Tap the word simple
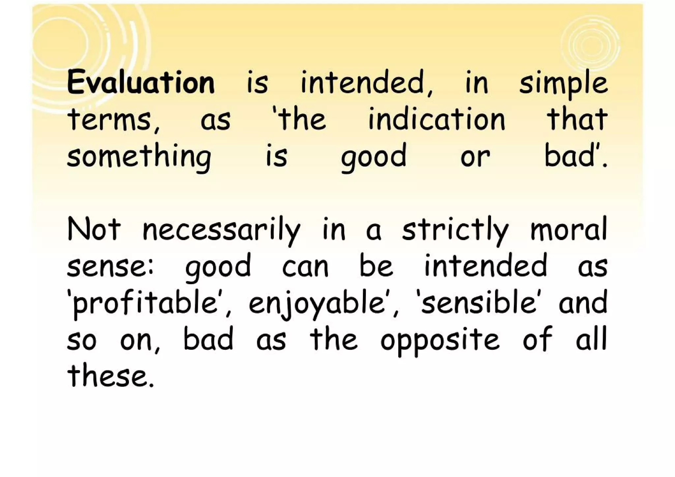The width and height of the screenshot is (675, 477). [563, 84]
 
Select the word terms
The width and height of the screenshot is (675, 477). [112, 119]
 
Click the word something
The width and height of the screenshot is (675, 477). [139, 157]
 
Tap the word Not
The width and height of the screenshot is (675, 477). [94, 230]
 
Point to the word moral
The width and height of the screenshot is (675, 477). [568, 230]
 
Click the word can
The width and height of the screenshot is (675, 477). [305, 267]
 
